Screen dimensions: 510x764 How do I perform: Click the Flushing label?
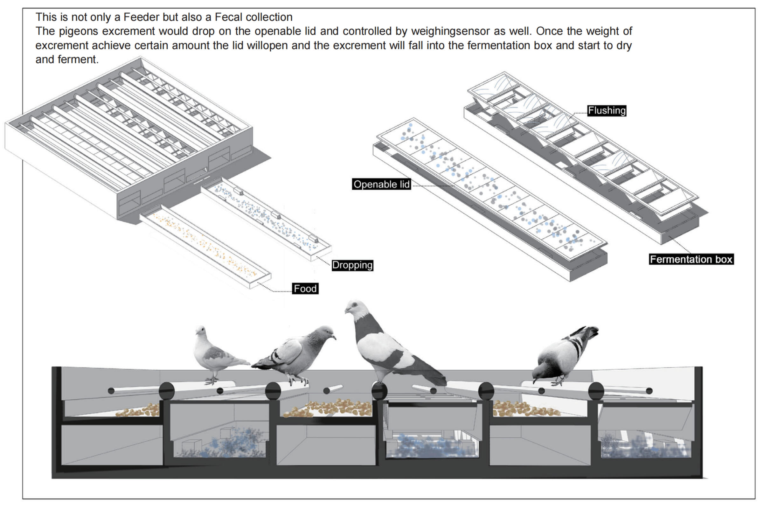click(x=607, y=111)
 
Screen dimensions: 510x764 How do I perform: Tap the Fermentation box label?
click(x=691, y=259)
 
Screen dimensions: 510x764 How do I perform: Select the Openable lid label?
click(x=381, y=185)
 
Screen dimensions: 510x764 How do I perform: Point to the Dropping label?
click(x=352, y=265)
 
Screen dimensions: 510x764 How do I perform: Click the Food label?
click(x=305, y=289)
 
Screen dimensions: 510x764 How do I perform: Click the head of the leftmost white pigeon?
click(x=201, y=331)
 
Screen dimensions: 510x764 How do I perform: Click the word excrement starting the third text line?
click(x=62, y=45)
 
